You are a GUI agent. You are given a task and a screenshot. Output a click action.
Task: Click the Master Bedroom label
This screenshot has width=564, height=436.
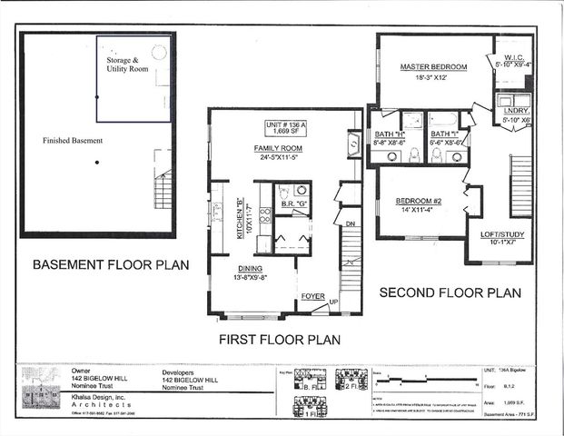[433, 67]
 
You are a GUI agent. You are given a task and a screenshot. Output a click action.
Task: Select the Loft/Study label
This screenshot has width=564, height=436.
[500, 235]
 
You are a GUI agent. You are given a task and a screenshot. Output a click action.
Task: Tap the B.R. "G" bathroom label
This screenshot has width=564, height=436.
[292, 205]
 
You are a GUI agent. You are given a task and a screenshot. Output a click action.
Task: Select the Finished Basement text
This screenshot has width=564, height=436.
[72, 142]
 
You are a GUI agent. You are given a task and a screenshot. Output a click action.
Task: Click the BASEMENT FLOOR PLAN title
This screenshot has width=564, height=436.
[110, 266]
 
